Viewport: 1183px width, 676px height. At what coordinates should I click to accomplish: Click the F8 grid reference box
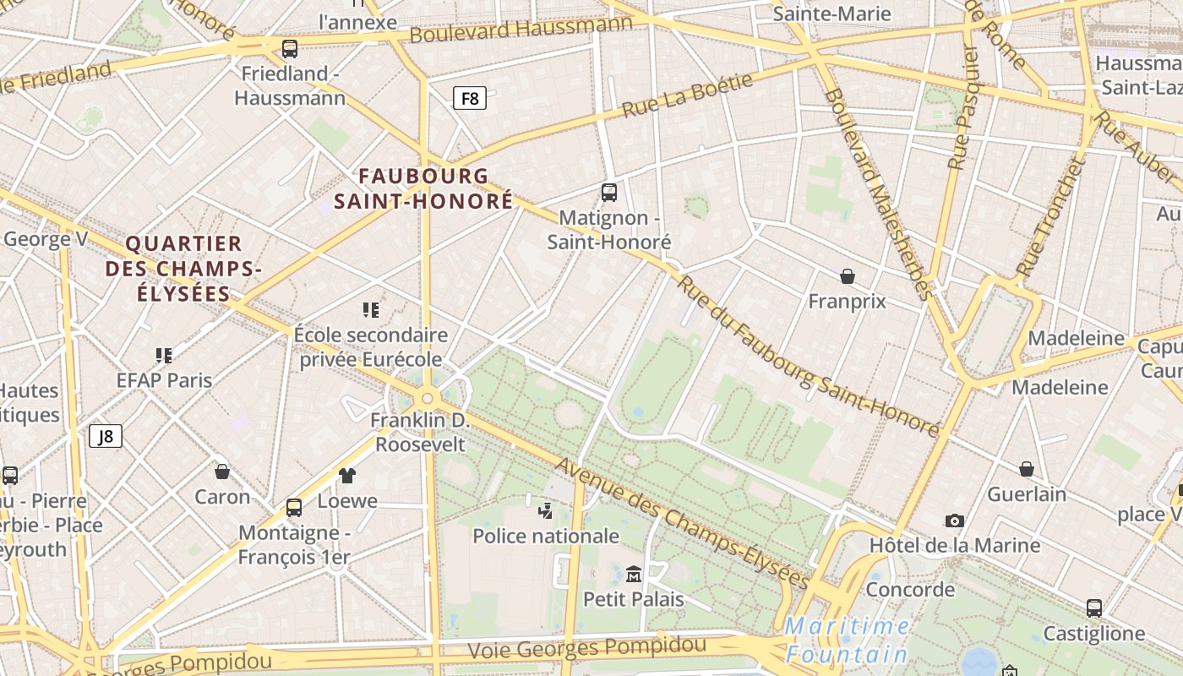[x=470, y=98]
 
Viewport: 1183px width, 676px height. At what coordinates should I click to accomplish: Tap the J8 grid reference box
[x=106, y=436]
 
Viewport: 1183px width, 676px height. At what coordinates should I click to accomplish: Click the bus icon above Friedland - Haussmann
[x=290, y=48]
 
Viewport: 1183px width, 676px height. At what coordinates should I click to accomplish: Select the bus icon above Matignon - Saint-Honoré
[x=608, y=193]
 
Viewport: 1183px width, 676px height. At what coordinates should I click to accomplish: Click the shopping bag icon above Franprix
[x=848, y=276]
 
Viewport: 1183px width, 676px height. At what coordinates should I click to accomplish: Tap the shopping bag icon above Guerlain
[x=1026, y=469]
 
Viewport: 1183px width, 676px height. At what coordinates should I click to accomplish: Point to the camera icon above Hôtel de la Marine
[x=955, y=521]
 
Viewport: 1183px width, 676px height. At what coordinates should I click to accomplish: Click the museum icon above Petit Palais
[x=633, y=575]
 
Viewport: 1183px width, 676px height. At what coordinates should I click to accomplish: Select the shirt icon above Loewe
[x=347, y=476]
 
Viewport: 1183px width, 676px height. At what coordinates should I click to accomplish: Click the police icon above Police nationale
[x=546, y=510]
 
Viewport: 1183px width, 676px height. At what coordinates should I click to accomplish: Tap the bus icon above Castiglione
[x=1093, y=608]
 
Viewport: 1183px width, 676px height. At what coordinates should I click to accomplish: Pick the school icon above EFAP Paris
[x=164, y=355]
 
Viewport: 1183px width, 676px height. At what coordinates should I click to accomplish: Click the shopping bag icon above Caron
[x=222, y=472]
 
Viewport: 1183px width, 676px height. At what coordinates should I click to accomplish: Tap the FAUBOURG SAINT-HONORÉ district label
[x=423, y=188]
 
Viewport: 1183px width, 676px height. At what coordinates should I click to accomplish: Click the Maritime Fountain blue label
[x=847, y=641]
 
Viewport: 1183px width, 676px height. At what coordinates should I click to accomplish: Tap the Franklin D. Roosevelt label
[x=420, y=432]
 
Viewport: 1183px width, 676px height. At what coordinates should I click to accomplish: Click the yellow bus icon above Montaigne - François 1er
[x=293, y=508]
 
